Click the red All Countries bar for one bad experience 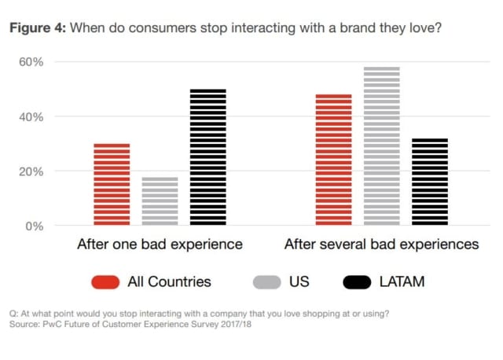click(x=112, y=185)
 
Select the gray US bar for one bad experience click(x=160, y=201)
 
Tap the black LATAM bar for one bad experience click(x=208, y=157)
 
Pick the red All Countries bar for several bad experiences click(x=333, y=160)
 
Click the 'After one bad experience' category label click(x=160, y=244)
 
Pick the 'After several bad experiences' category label click(x=381, y=244)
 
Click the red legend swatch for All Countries click(x=105, y=281)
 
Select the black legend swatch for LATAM click(x=358, y=281)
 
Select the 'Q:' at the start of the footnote click(x=13, y=314)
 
